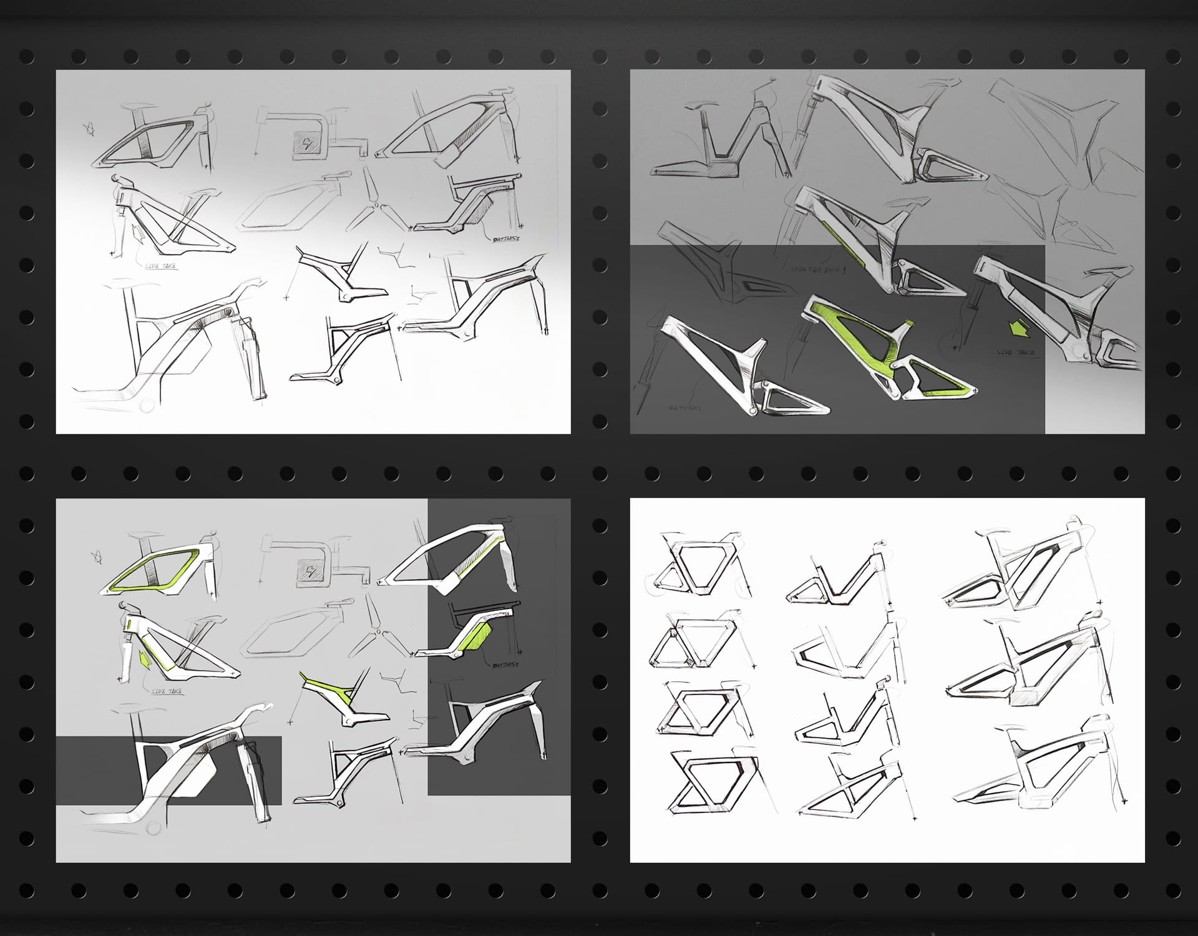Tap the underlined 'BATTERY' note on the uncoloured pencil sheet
506,239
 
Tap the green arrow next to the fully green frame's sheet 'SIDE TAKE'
1019,328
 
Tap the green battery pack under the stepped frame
478,636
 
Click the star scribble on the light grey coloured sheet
95,555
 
